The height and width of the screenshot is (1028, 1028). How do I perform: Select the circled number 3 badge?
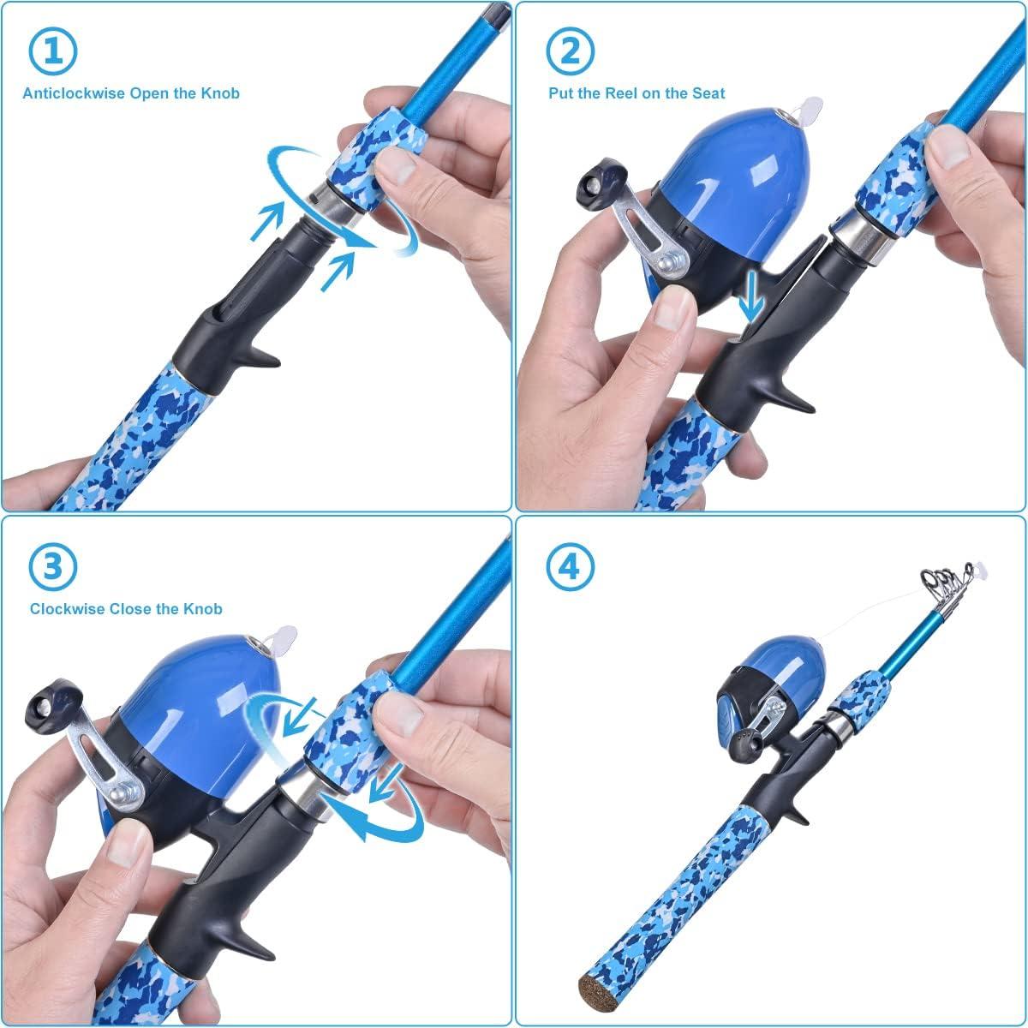tap(53, 565)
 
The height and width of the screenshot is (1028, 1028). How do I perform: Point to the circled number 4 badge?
tap(568, 567)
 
